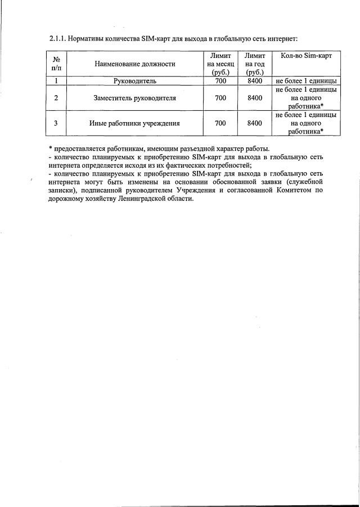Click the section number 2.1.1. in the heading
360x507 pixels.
58,39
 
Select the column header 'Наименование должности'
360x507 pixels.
134,64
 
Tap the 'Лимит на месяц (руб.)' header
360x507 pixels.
220,64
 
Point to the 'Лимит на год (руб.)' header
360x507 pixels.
255,64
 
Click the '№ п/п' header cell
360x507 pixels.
56,64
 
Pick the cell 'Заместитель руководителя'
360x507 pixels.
134,98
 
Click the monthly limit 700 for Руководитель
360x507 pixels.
220,81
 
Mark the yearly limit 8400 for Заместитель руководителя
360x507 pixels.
255,98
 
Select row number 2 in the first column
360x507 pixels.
56,98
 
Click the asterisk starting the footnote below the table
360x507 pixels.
50,149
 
